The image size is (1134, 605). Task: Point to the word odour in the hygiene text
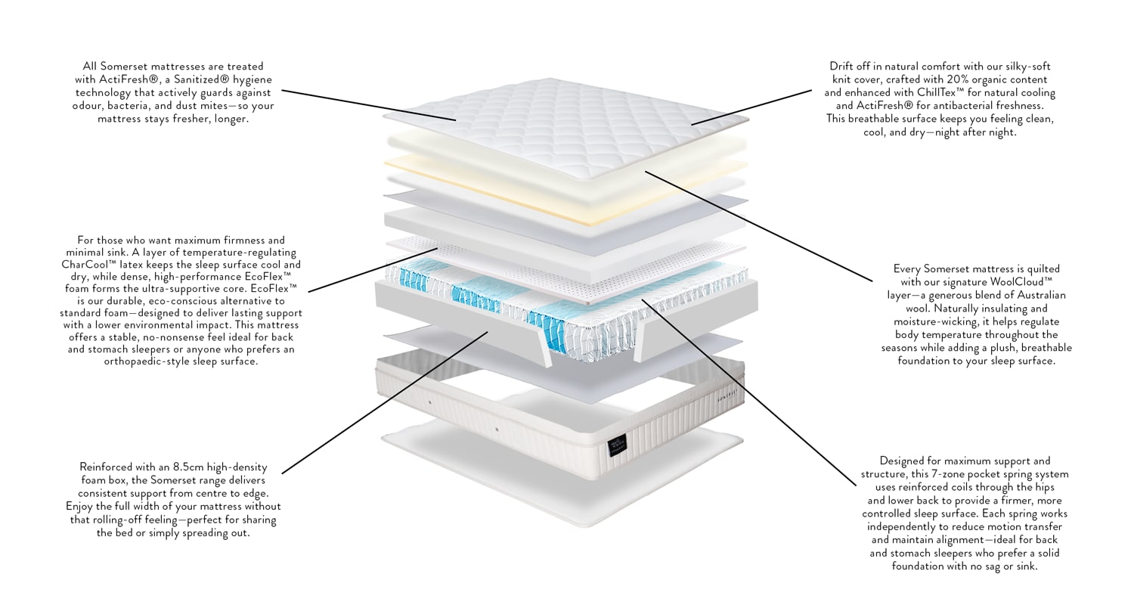[88, 106]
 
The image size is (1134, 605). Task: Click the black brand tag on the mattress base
[618, 448]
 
